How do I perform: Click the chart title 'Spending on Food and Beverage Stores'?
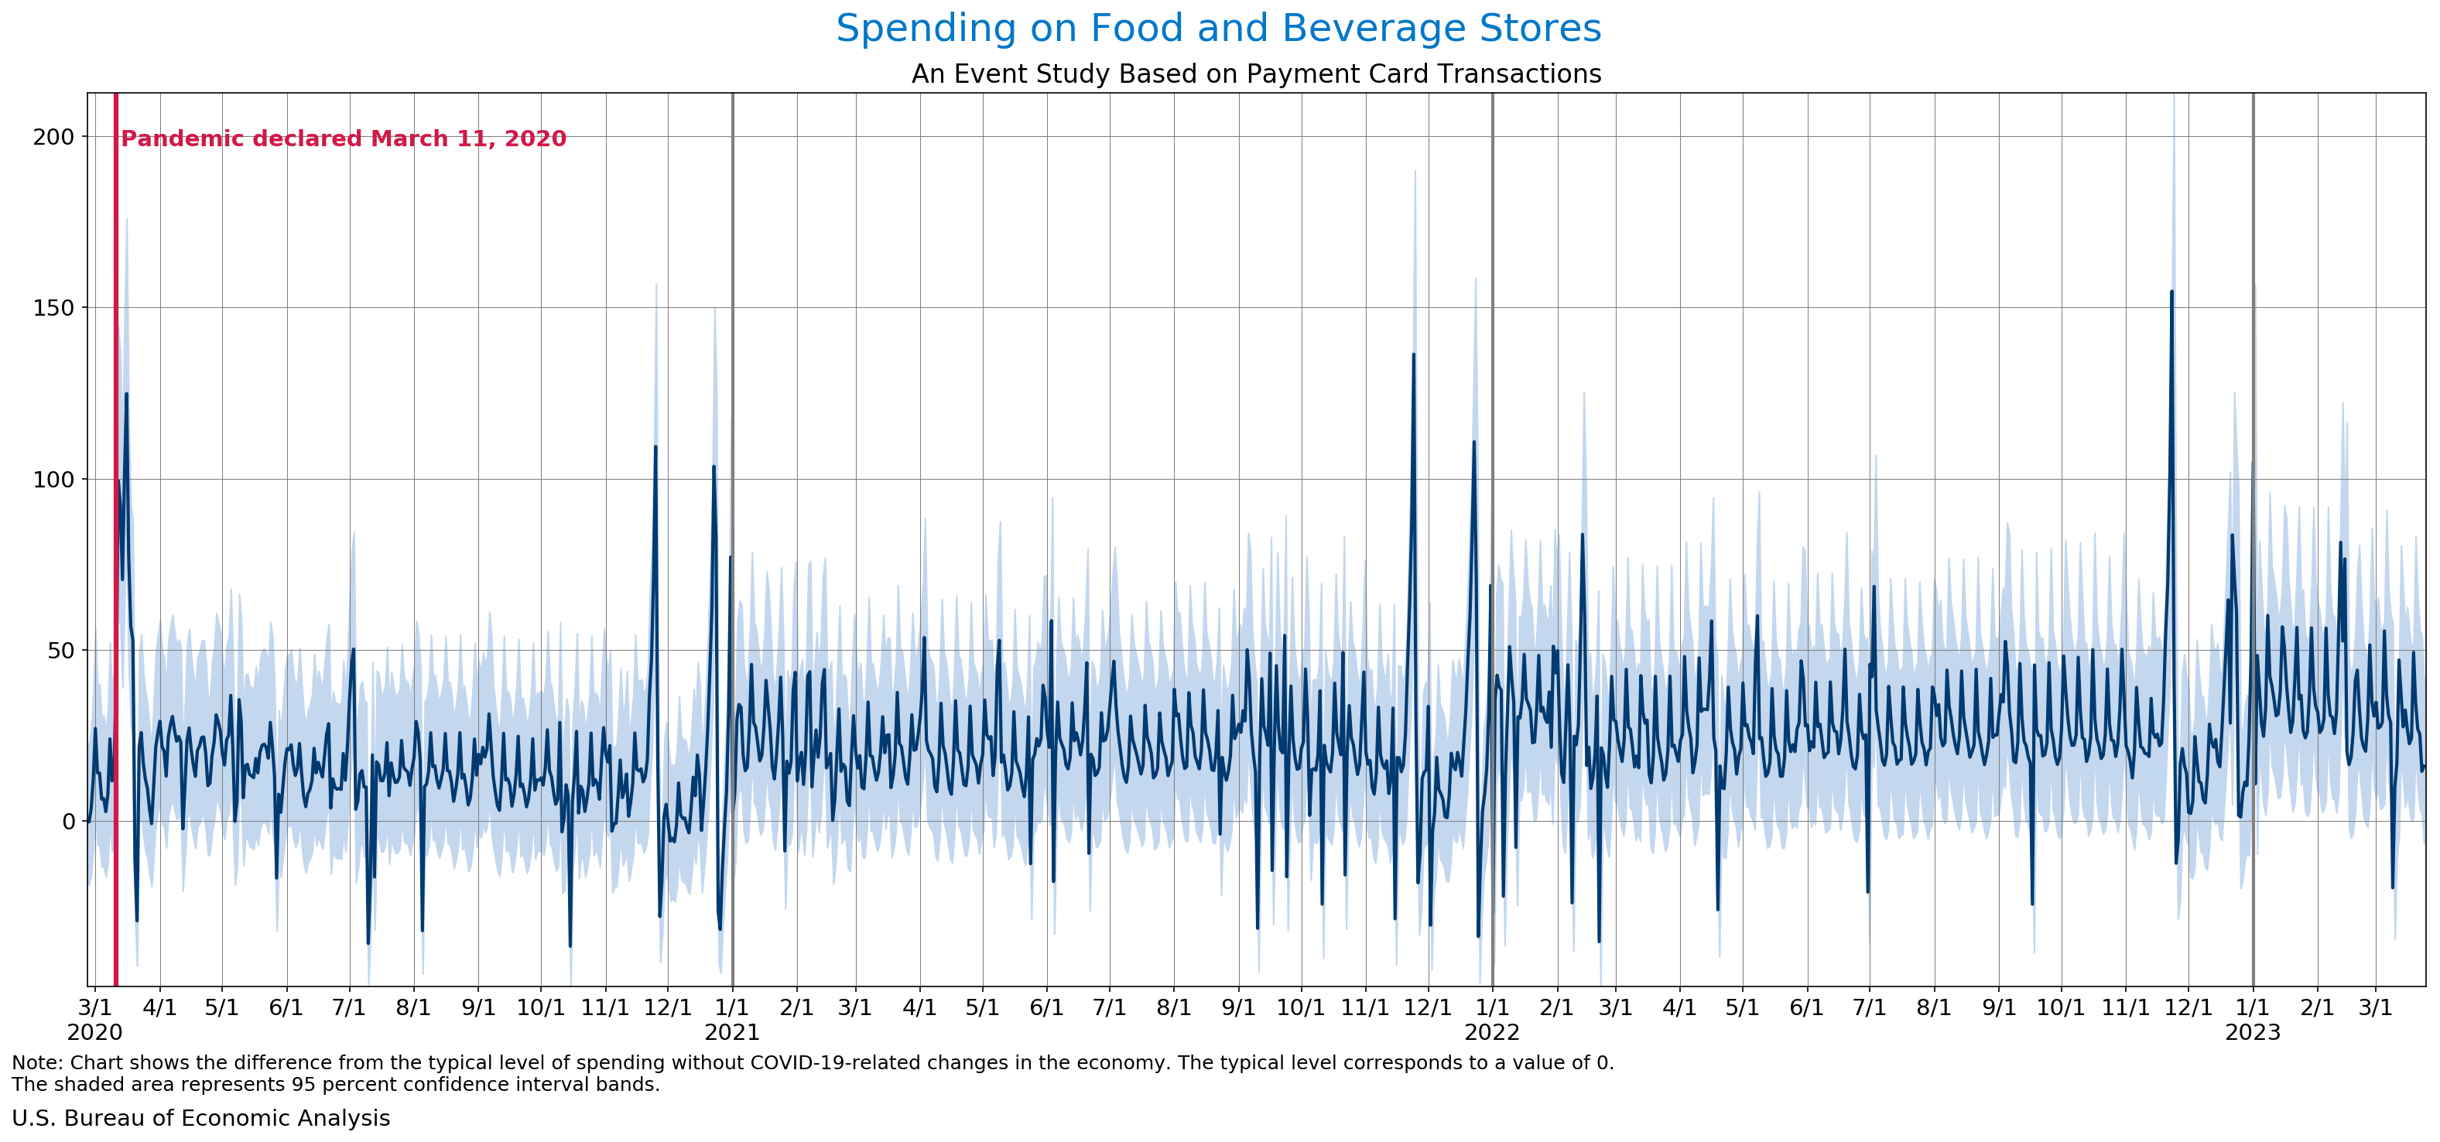point(1218,29)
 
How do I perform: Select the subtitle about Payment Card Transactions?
point(1256,74)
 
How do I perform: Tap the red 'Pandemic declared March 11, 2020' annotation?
point(344,139)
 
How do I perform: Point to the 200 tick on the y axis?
point(53,137)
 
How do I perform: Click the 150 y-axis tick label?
point(53,308)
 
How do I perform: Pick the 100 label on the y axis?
point(53,479)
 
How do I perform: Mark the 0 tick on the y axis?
point(68,822)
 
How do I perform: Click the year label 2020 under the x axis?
point(94,1032)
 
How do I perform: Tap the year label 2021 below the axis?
point(732,1032)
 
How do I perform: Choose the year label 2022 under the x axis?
point(1492,1032)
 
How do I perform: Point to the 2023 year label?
point(2253,1032)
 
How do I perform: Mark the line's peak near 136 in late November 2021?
point(1413,356)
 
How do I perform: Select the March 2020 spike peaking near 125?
point(126,395)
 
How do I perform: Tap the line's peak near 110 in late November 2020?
point(655,447)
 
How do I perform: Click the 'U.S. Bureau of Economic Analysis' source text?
point(200,1118)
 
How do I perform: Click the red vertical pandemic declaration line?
point(115,568)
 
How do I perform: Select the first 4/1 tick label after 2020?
point(159,1007)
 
